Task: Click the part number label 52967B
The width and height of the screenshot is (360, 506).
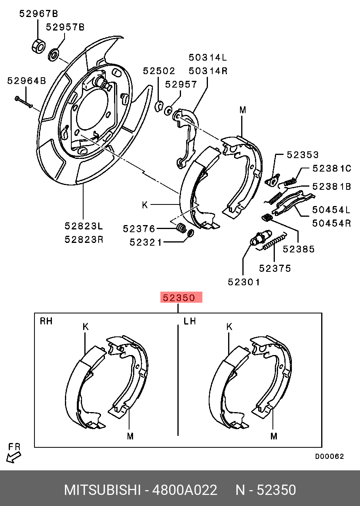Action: pyautogui.click(x=38, y=14)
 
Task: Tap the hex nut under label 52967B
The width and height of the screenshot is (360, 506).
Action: pyautogui.click(x=38, y=45)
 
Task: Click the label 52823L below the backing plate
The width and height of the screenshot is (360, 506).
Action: pyautogui.click(x=84, y=226)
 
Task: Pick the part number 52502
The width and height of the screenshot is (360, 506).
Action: pyautogui.click(x=159, y=71)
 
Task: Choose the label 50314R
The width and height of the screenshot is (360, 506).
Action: pyautogui.click(x=208, y=71)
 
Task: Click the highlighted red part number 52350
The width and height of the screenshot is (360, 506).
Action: pyautogui.click(x=181, y=298)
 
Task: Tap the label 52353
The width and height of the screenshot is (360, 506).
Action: pyautogui.click(x=303, y=155)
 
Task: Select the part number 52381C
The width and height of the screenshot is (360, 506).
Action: pyautogui.click(x=331, y=168)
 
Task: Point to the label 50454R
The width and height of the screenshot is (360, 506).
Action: pyautogui.click(x=331, y=223)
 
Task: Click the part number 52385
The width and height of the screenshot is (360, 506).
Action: pyautogui.click(x=299, y=249)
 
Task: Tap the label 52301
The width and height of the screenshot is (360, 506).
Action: pyautogui.click(x=244, y=282)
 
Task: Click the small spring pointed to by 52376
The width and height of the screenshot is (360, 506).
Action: pyautogui.click(x=181, y=228)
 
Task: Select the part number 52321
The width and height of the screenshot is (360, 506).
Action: pyautogui.click(x=146, y=242)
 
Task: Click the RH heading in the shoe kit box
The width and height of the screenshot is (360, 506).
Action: pyautogui.click(x=46, y=321)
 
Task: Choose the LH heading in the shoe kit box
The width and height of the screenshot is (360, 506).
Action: pyautogui.click(x=190, y=321)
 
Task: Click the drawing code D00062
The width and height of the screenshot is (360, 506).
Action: pyautogui.click(x=330, y=456)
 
